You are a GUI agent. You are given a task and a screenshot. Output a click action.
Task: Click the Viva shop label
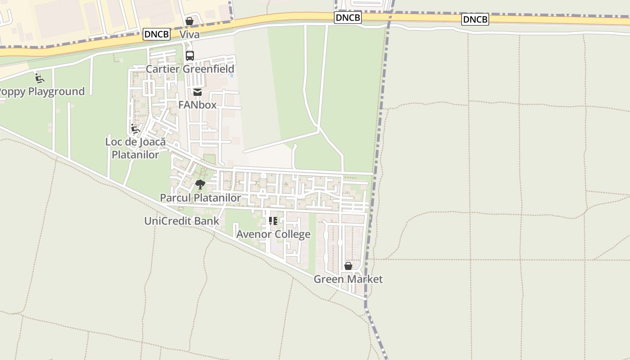point(189,35)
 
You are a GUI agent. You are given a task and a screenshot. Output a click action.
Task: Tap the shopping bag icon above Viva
point(189,21)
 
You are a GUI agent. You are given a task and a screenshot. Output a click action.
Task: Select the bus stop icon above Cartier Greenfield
point(190,56)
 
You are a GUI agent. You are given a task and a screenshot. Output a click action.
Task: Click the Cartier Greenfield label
point(190,69)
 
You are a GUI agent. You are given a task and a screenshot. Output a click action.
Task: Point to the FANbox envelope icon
point(197,92)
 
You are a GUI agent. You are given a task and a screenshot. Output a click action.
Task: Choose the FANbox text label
point(198,105)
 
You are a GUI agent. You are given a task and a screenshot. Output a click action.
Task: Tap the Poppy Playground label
point(41,91)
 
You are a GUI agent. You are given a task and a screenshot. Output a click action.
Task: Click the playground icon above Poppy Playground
point(40,78)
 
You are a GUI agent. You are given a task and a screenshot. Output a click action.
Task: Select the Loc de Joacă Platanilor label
point(135,148)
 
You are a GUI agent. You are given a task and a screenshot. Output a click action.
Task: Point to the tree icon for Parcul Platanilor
point(200,184)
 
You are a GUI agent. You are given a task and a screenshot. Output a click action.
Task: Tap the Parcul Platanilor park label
point(200,198)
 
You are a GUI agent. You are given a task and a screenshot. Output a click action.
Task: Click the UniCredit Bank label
point(182,221)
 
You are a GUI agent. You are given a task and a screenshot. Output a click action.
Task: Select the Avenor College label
point(273,234)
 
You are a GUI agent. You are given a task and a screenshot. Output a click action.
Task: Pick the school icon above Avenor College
point(273,221)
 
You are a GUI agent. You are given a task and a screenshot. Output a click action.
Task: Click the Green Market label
point(348,279)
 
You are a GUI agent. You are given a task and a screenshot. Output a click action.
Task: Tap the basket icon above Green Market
point(348,266)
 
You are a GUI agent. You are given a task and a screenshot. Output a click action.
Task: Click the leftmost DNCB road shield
point(157,34)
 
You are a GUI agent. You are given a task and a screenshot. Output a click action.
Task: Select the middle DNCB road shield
point(348,18)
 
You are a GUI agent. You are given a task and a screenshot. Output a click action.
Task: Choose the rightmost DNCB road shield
point(475,19)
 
